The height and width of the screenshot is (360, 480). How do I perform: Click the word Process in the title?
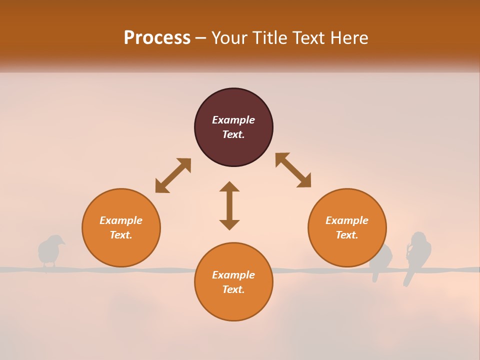[x=157, y=38]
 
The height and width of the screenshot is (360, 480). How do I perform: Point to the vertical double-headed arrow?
[x=229, y=205]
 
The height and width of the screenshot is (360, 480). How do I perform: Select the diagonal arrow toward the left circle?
[x=173, y=175]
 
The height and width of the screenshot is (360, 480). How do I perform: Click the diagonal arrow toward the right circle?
[x=293, y=170]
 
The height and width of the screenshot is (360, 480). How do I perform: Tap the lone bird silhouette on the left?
[x=50, y=251]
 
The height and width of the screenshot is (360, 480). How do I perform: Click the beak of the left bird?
[x=63, y=243]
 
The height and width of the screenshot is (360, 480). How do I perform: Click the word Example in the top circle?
[x=233, y=120]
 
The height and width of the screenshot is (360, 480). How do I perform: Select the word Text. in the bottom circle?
[x=233, y=289]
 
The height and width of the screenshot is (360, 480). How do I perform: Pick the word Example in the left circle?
[x=121, y=220]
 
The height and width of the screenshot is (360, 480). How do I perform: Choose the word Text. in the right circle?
[x=347, y=235]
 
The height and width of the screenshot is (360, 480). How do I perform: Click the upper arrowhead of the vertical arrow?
[x=229, y=186]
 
